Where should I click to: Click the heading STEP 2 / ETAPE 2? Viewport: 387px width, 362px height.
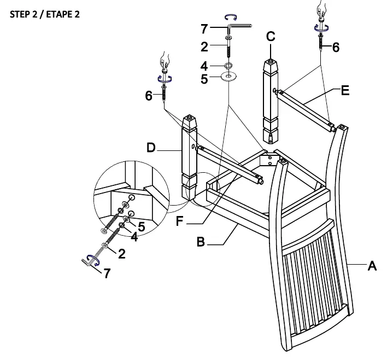coord(45,14)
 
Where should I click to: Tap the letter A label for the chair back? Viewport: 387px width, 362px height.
coord(372,266)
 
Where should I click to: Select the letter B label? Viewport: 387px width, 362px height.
coord(201,242)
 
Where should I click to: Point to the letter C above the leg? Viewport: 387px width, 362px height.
coord(271,36)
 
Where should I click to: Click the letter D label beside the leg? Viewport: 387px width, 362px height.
coord(151,148)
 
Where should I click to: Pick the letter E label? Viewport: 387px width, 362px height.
coord(345,90)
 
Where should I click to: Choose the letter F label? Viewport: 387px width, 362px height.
coord(179,221)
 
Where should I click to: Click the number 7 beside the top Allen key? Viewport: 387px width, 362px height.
coord(204,28)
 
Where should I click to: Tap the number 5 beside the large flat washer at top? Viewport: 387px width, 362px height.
coord(204,79)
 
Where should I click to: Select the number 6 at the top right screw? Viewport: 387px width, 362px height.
coord(336,47)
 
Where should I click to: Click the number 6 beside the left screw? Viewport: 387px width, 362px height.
coord(149,96)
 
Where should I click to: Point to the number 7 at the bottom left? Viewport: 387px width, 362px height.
coord(107,273)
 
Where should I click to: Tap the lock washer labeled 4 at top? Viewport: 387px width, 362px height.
coord(228,66)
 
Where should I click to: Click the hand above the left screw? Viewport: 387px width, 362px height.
coord(165,61)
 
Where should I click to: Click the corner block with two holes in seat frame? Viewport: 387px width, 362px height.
coord(269,160)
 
